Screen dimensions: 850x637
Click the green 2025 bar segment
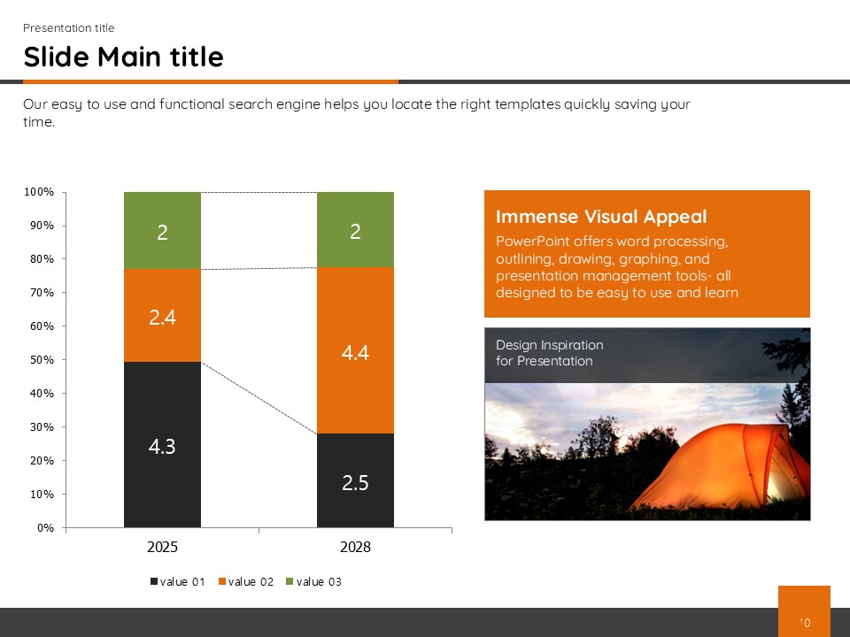click(x=162, y=231)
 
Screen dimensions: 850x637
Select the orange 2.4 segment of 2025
click(x=162, y=315)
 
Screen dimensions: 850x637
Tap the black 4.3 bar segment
click(x=162, y=445)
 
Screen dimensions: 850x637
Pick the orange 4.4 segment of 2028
click(x=355, y=350)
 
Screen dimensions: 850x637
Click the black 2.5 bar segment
click(x=355, y=480)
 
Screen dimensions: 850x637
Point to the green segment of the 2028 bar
click(x=355, y=230)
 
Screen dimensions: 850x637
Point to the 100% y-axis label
click(x=38, y=192)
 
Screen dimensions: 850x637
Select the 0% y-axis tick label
click(x=45, y=527)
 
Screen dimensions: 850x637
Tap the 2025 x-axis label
click(x=162, y=547)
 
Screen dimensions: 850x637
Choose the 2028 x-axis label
click(x=355, y=547)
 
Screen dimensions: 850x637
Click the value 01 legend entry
click(x=177, y=582)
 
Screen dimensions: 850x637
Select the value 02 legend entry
click(x=245, y=582)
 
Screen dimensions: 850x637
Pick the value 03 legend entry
click(x=313, y=582)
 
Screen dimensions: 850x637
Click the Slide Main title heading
click(x=124, y=57)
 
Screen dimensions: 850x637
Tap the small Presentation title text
click(x=69, y=27)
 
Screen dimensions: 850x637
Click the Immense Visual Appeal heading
click(x=601, y=217)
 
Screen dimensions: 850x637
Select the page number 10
click(x=805, y=623)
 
